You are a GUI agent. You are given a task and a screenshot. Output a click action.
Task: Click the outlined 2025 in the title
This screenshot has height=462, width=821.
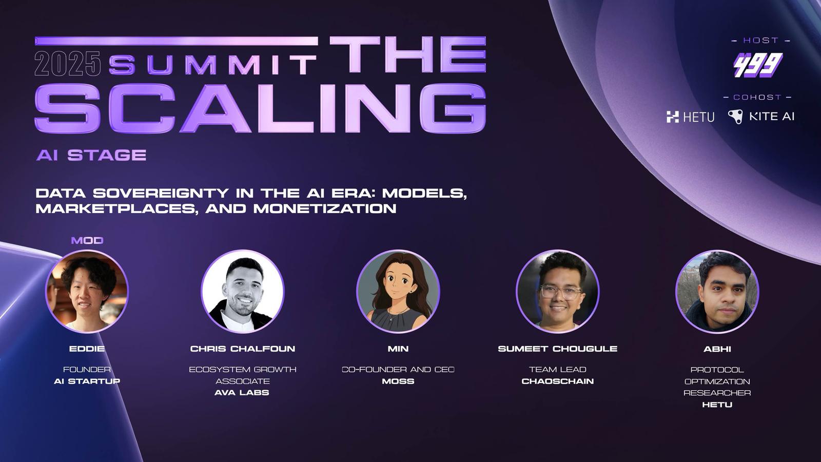[68, 64]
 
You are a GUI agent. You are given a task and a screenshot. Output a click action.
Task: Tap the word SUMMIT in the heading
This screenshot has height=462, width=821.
[212, 65]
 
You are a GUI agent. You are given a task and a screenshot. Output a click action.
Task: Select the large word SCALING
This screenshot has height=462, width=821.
[260, 108]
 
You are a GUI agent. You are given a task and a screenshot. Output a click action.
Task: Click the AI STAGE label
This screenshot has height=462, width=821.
[91, 155]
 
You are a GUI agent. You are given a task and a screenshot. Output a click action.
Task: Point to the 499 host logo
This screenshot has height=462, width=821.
[758, 65]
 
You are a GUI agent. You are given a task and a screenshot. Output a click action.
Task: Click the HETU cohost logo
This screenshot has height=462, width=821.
[691, 117]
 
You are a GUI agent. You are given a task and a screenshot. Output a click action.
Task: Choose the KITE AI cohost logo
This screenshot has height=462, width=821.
[761, 117]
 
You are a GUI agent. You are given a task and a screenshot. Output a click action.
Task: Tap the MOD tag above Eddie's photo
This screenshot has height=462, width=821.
[87, 241]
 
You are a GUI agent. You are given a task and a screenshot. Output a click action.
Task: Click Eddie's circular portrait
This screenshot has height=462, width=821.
[87, 292]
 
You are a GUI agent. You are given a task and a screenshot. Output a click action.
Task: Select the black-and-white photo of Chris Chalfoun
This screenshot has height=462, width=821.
[243, 292]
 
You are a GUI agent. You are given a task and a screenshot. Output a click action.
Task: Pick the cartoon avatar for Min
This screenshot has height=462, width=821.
[398, 292]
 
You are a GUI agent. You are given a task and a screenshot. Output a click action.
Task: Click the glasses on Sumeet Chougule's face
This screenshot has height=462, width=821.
[560, 292]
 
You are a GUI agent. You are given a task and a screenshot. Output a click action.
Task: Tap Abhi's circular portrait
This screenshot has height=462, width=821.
[717, 292]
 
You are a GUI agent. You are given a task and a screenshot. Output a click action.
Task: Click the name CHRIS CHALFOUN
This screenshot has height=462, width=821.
[243, 349]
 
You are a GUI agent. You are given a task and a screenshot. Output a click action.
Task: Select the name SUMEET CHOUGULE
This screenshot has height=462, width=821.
[557, 349]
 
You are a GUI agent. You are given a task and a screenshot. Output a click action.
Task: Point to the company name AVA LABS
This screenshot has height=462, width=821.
[242, 393]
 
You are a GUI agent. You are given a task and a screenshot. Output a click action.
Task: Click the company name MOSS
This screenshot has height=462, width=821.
[398, 381]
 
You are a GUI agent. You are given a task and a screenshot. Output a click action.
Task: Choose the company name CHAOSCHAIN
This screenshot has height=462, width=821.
[557, 381]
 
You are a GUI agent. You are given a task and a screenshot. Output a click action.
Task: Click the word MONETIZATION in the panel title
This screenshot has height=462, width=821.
[325, 208]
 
